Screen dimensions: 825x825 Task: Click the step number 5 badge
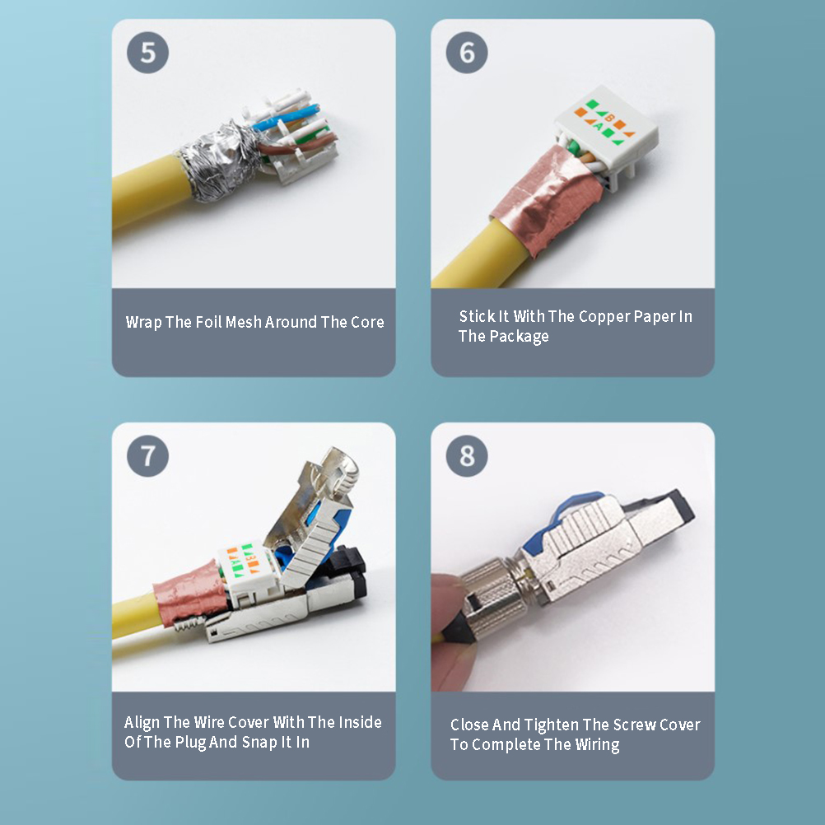(148, 53)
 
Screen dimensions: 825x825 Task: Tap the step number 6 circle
(467, 53)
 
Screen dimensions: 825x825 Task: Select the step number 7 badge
(148, 455)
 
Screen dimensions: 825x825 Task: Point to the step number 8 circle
(467, 455)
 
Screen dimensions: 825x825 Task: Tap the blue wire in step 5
(287, 117)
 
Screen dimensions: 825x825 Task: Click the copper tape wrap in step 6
(548, 200)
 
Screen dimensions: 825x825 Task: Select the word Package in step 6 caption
(519, 337)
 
